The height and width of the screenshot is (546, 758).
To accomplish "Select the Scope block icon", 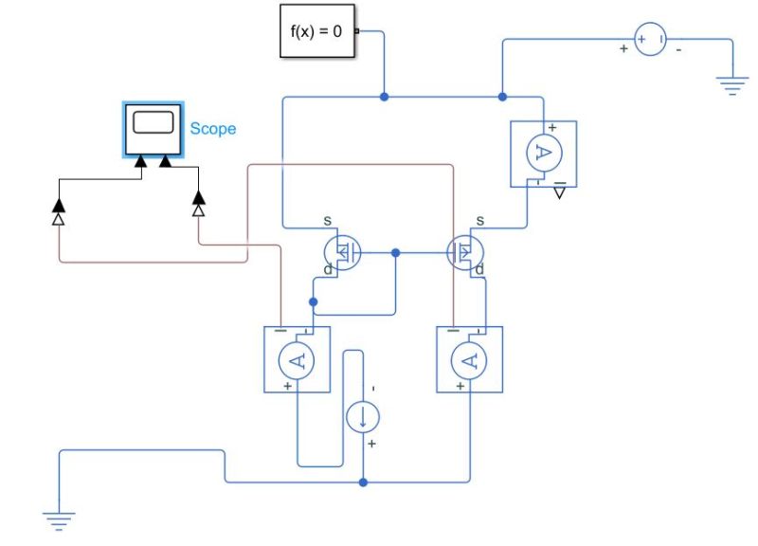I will (153, 128).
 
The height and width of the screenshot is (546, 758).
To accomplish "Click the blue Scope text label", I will (212, 129).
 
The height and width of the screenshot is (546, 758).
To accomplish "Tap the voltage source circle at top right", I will (650, 40).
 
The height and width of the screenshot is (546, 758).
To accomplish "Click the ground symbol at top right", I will (731, 88).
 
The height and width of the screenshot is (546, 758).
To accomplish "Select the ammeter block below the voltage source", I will (543, 153).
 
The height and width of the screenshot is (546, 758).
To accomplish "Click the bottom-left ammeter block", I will (296, 358).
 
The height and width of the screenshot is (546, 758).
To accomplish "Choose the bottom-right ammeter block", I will (469, 358).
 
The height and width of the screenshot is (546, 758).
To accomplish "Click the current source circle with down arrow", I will (364, 416).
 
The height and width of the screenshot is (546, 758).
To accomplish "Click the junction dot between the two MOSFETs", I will (396, 253).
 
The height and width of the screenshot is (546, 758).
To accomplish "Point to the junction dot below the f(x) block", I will (384, 97).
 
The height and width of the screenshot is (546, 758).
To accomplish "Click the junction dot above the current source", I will (364, 482).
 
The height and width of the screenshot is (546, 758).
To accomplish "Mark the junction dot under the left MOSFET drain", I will (314, 302).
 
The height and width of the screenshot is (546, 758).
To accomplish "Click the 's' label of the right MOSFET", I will (480, 221).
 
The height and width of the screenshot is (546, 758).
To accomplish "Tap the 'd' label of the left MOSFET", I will (329, 270).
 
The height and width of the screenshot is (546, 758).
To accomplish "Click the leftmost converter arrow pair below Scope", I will (58, 212).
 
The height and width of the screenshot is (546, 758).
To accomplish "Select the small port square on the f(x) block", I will (356, 31).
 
